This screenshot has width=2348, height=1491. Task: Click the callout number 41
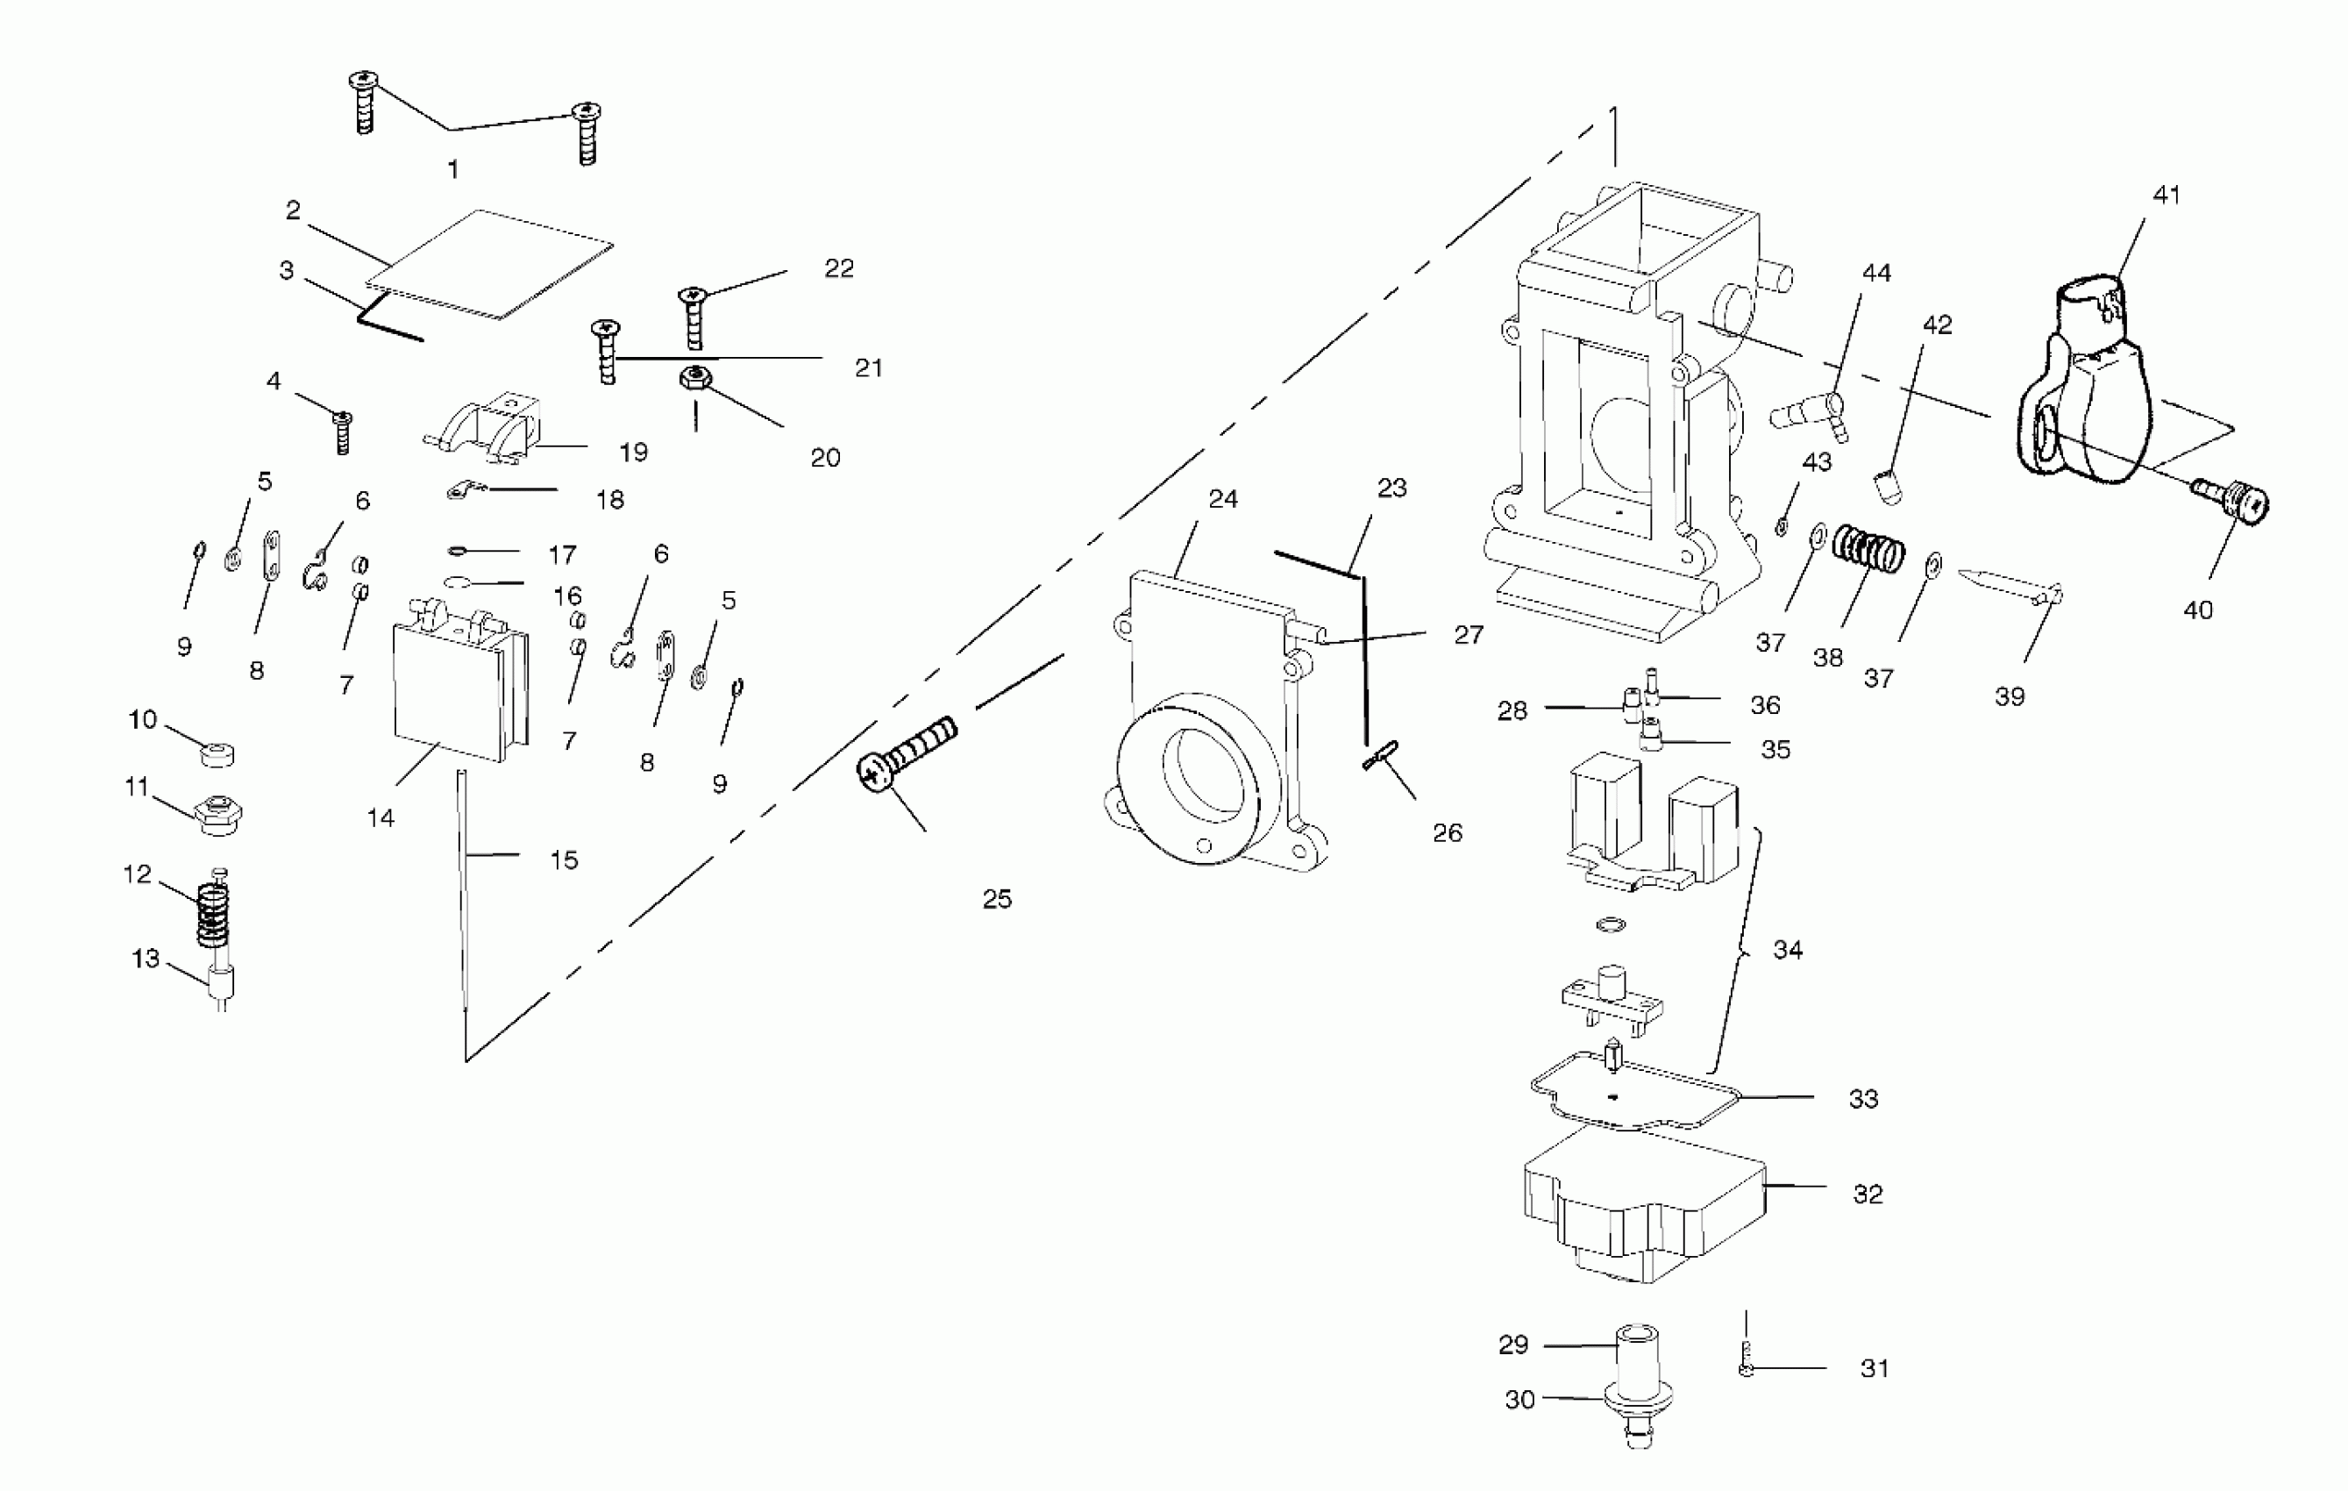(2166, 195)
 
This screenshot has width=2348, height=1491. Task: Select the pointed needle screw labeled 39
(2009, 585)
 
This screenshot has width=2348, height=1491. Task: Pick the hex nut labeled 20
(694, 377)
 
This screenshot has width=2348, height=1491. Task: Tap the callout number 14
(381, 818)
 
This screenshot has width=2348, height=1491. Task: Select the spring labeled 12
(212, 915)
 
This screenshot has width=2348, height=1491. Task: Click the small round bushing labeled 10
(217, 753)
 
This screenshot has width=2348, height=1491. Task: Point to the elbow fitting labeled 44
(1809, 416)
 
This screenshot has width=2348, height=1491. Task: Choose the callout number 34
(1788, 950)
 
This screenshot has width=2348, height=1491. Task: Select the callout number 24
(1223, 499)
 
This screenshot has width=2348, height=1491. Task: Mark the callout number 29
(1513, 1345)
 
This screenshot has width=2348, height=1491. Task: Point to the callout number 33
(1863, 1099)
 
